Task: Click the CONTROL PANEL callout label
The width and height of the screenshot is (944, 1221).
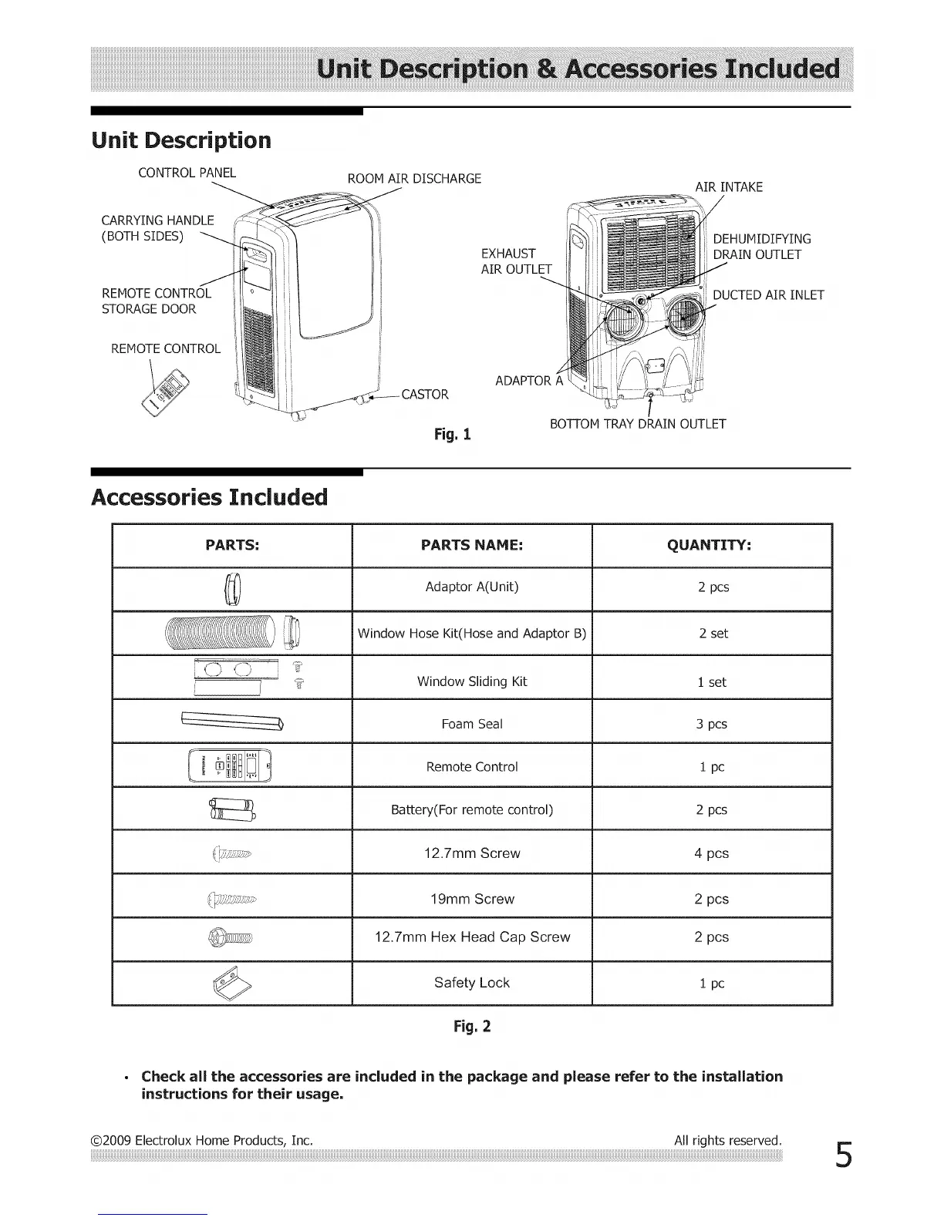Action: pyautogui.click(x=187, y=173)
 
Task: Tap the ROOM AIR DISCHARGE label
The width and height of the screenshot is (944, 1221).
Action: pyautogui.click(x=414, y=179)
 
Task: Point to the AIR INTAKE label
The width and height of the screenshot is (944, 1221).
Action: pyautogui.click(x=729, y=187)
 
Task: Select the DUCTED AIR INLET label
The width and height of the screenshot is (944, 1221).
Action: pyautogui.click(x=768, y=295)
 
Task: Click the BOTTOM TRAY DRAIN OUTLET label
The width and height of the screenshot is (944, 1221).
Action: pyautogui.click(x=637, y=424)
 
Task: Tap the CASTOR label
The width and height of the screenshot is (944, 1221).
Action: pyautogui.click(x=424, y=395)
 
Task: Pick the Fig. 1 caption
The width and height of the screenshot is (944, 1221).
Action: pyautogui.click(x=453, y=435)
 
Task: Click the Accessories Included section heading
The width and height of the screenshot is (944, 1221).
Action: pyautogui.click(x=209, y=497)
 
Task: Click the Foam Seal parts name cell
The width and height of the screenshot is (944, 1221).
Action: pyautogui.click(x=471, y=724)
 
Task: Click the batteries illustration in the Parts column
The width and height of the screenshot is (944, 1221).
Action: pyautogui.click(x=231, y=810)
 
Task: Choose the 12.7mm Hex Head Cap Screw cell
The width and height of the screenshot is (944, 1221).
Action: pyautogui.click(x=472, y=937)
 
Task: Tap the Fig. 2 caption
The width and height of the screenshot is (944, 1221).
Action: pyautogui.click(x=473, y=1027)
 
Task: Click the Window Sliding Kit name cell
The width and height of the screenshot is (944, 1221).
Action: pyautogui.click(x=471, y=681)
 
